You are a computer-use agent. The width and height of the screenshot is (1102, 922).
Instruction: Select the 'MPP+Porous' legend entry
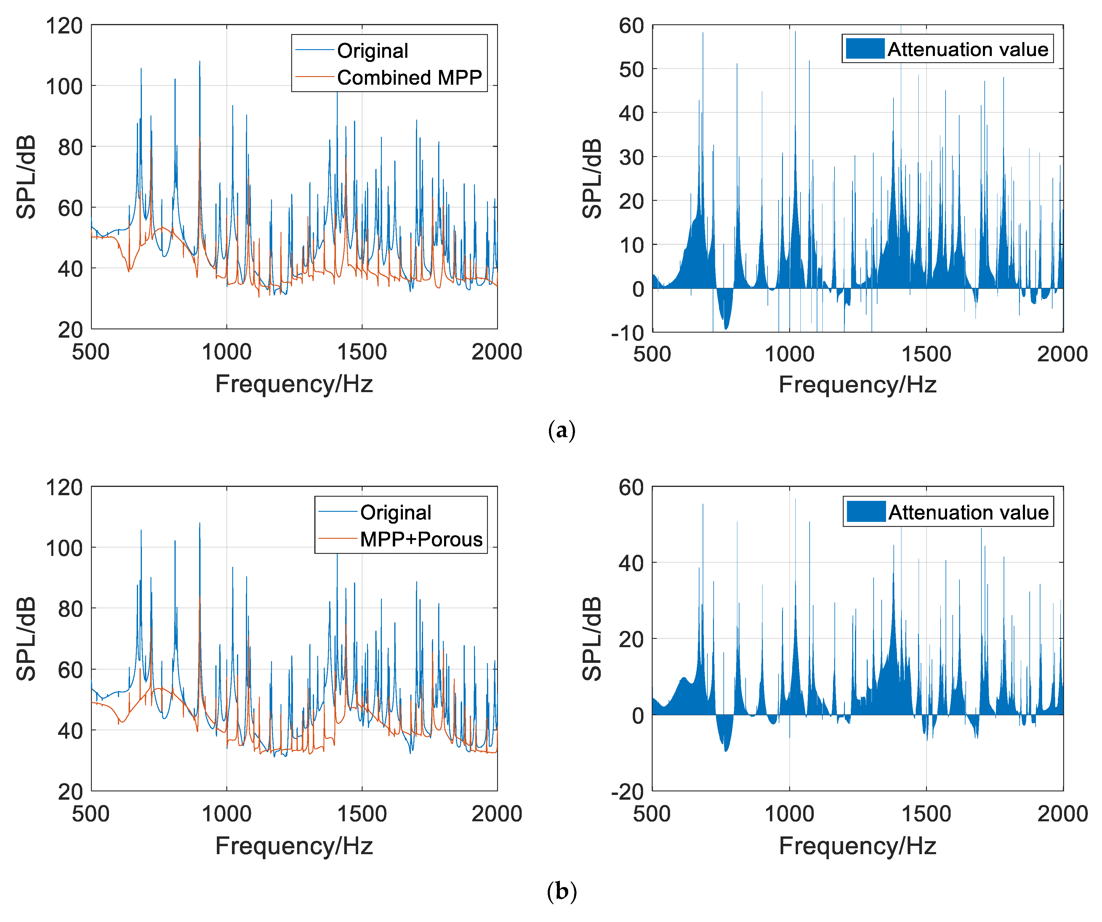pyautogui.click(x=421, y=539)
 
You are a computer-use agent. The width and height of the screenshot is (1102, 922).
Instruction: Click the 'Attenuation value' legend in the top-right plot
pyautogui.click(x=967, y=49)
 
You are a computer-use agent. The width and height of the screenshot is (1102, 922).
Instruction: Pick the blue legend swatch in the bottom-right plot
pyautogui.click(x=866, y=511)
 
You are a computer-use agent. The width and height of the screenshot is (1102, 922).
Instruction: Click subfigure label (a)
pyautogui.click(x=561, y=430)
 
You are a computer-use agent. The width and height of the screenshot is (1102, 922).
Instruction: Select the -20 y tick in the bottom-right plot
pyautogui.click(x=628, y=791)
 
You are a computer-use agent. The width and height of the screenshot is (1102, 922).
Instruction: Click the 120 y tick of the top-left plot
pyautogui.click(x=64, y=26)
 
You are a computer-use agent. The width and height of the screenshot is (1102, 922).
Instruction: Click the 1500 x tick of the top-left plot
pyautogui.click(x=362, y=352)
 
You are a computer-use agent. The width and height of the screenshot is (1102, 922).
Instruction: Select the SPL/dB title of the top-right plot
pyautogui.click(x=592, y=178)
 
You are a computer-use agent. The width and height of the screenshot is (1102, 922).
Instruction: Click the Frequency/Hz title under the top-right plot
pyautogui.click(x=858, y=385)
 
